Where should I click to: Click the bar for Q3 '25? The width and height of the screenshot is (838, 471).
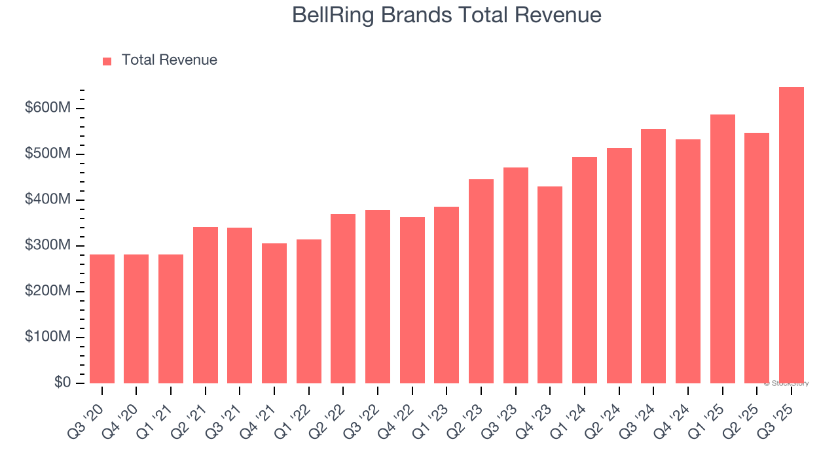coord(791,235)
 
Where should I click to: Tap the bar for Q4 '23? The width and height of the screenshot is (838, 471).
coord(550,285)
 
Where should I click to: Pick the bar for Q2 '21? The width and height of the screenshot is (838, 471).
coord(206,305)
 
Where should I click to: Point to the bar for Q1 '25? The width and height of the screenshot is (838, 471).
coord(722,249)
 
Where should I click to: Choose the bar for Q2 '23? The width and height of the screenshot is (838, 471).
coord(481,281)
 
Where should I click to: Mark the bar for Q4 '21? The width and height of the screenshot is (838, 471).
coord(274,313)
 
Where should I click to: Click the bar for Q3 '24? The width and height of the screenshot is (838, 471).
coord(653,256)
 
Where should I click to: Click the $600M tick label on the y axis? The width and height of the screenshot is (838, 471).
coord(46,108)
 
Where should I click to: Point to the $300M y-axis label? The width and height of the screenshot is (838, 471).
coord(46,245)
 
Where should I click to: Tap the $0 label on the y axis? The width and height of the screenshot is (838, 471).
coord(62,382)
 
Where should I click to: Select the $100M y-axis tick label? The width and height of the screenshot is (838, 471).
coord(46,337)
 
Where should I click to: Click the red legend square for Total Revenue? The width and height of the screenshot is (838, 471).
coord(107,61)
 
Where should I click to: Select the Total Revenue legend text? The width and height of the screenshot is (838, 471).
coord(169,60)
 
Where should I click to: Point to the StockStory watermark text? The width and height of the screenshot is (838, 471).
coord(787,383)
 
